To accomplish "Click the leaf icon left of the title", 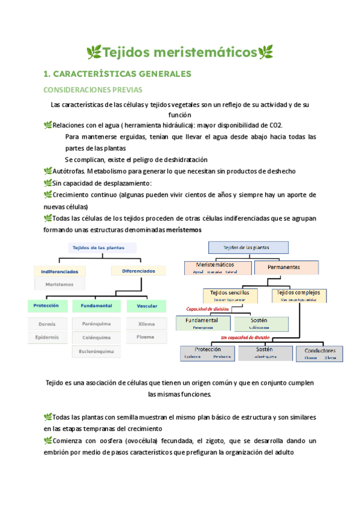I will tap(94, 53).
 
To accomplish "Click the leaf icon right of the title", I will tap(266, 53).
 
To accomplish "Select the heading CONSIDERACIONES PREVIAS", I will tap(93, 90).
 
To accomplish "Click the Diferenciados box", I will tap(139, 271).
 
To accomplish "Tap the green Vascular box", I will tap(147, 306).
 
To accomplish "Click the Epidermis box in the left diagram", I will tap(47, 337).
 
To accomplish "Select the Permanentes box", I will tap(284, 267).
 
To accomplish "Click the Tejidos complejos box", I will tap(299, 295).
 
